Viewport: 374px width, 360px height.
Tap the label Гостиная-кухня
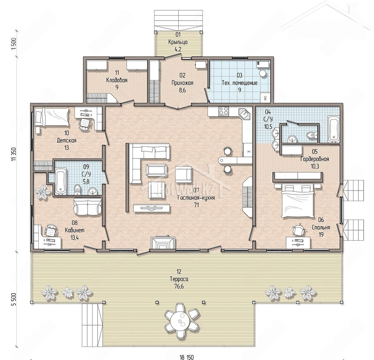click(196, 198)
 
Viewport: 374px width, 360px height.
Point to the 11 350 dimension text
click(14, 154)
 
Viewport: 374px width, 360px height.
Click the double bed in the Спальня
click(298, 200)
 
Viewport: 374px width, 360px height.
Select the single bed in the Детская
click(51, 117)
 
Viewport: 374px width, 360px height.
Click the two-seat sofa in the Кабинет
click(88, 206)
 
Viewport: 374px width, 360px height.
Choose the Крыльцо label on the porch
click(178, 42)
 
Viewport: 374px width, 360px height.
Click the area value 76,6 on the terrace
click(179, 287)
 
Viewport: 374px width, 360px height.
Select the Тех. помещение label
click(239, 83)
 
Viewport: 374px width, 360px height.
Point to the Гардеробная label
click(314, 159)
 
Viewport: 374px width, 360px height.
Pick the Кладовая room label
click(117, 80)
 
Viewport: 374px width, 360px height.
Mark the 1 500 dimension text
click(14, 44)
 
